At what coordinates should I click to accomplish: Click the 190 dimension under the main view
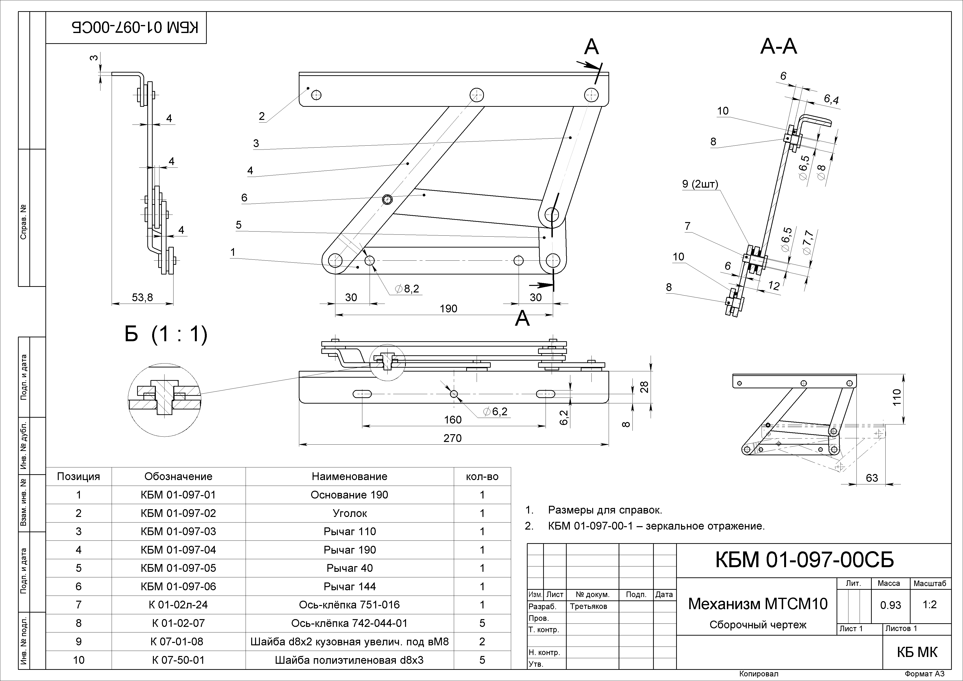click(448, 309)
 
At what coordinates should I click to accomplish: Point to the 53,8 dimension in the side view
click(142, 297)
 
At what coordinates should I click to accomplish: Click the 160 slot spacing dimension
click(453, 420)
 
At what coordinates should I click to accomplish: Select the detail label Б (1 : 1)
click(166, 335)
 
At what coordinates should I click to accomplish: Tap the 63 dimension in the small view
click(872, 478)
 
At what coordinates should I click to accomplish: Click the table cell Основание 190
click(349, 495)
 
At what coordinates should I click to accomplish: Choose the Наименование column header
click(349, 476)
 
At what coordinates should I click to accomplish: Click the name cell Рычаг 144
click(349, 586)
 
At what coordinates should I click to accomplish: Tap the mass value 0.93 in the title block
click(890, 605)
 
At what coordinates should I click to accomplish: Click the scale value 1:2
click(930, 605)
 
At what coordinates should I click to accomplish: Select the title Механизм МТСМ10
click(757, 604)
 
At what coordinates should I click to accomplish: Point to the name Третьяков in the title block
click(588, 606)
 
